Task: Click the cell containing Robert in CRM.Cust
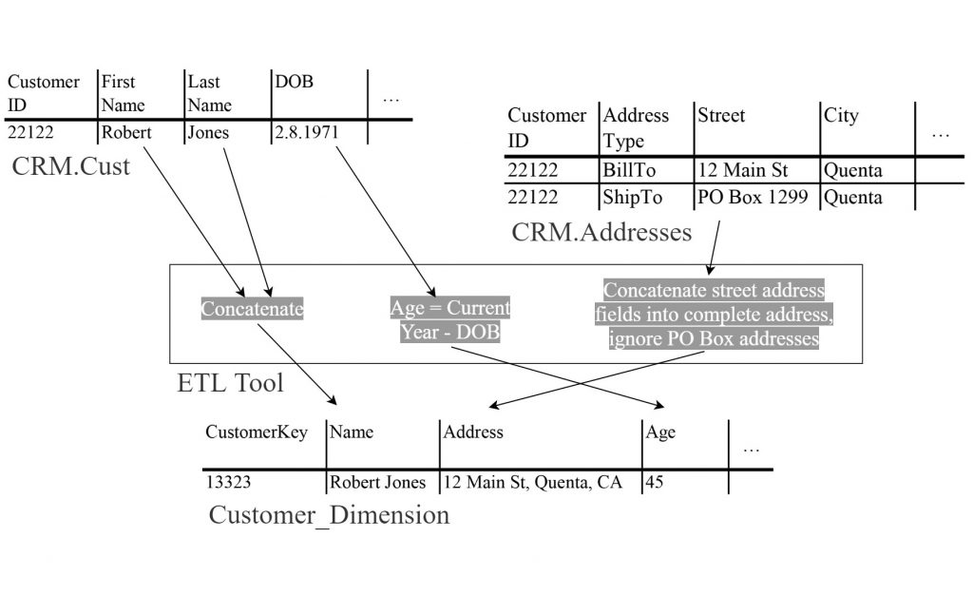click(x=126, y=133)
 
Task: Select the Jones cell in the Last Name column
click(x=208, y=133)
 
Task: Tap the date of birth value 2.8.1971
click(x=307, y=133)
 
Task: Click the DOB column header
click(x=294, y=83)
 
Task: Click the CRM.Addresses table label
click(x=601, y=231)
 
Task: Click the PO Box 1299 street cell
click(x=753, y=198)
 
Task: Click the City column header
click(x=841, y=116)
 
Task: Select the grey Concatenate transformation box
click(x=252, y=309)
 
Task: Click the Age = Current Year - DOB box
click(x=450, y=320)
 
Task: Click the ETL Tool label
click(x=230, y=383)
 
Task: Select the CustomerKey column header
click(x=257, y=432)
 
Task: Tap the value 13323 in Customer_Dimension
click(x=228, y=482)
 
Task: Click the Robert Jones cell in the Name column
click(x=377, y=482)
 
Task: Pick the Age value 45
click(x=655, y=482)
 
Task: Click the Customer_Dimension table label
click(x=329, y=515)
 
